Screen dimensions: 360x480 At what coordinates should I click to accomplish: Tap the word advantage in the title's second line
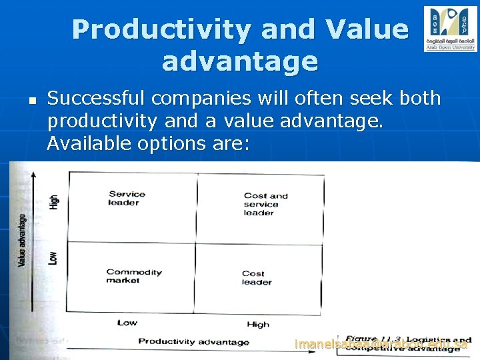[x=240, y=61]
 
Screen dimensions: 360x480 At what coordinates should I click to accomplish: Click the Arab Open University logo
[x=450, y=29]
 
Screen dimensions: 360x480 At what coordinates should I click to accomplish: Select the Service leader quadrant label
[x=127, y=198]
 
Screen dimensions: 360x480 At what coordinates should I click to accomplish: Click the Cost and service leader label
[x=265, y=204]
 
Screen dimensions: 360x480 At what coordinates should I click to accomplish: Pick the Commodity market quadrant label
[x=133, y=276]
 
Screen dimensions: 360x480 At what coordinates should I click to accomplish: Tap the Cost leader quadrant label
[x=256, y=278]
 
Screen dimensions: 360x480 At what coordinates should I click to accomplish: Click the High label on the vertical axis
[x=54, y=201]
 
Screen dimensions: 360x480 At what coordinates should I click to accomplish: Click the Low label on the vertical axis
[x=53, y=257]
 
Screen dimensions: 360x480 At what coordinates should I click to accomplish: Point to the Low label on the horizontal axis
[x=127, y=323]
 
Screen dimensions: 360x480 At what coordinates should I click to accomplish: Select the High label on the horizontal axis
[x=258, y=325]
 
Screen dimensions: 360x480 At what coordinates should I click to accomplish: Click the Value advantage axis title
[x=22, y=240]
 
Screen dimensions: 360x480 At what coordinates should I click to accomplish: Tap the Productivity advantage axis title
[x=193, y=342]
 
